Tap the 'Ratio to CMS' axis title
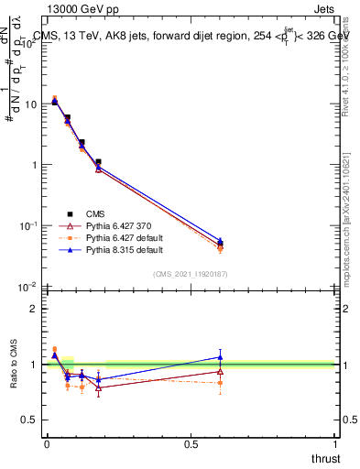(15, 365)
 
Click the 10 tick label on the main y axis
(29, 104)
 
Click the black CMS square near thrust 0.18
(98, 162)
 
